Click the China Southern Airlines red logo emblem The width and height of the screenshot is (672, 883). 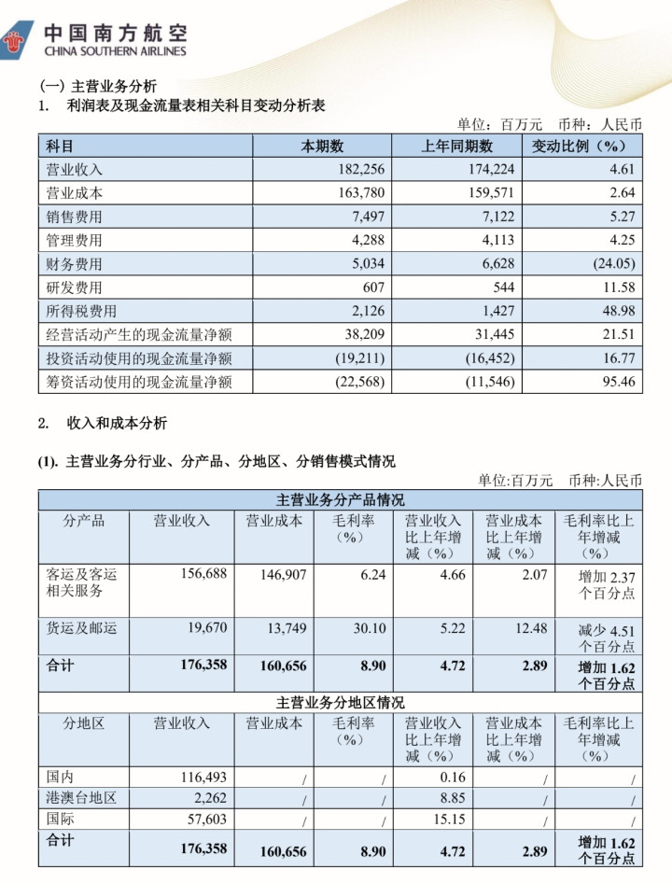[x=19, y=38]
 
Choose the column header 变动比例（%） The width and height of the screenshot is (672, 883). [x=580, y=147]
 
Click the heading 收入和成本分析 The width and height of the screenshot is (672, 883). [x=117, y=423]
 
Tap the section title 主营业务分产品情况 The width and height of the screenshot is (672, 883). [x=341, y=500]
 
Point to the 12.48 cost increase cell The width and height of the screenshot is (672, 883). [x=528, y=629]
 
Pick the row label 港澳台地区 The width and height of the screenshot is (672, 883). [x=81, y=798]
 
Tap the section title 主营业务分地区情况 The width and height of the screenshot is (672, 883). [x=341, y=702]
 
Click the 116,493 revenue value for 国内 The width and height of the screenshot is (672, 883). [x=203, y=777]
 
